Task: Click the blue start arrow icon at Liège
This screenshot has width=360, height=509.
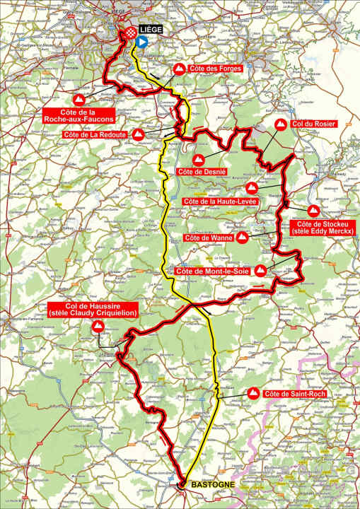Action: pyautogui.click(x=141, y=42)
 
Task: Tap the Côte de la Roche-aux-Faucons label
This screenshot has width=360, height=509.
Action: pyautogui.click(x=79, y=116)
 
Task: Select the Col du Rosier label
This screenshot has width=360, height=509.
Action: pyautogui.click(x=314, y=123)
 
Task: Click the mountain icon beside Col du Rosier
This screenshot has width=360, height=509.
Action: pyautogui.click(x=281, y=124)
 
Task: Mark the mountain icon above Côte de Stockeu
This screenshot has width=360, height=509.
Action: pyautogui.click(x=313, y=210)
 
